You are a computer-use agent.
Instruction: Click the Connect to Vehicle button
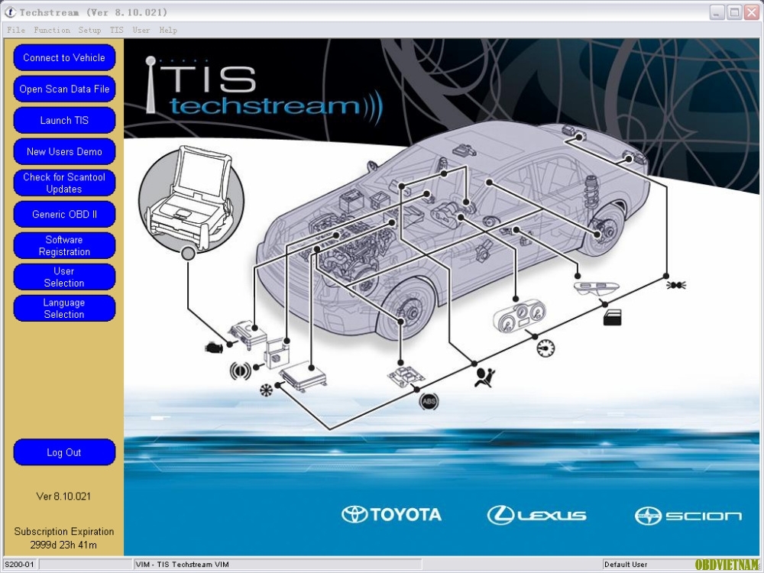point(64,57)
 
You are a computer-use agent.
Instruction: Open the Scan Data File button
point(64,89)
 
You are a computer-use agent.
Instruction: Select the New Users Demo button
point(64,151)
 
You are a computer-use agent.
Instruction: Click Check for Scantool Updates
point(64,183)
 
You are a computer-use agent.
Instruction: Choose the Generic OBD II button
point(64,214)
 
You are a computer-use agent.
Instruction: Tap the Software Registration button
point(64,245)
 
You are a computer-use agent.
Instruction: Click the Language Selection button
point(64,309)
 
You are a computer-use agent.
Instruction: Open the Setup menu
point(89,31)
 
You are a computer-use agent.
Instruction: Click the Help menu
point(168,31)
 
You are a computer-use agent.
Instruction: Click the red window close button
point(752,12)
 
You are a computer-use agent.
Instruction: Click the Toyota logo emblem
point(354,514)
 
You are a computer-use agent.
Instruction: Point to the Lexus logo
point(536,515)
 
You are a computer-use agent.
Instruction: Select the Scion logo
point(688,516)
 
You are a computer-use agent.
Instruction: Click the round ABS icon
point(429,402)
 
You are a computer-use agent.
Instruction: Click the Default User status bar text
point(626,565)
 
